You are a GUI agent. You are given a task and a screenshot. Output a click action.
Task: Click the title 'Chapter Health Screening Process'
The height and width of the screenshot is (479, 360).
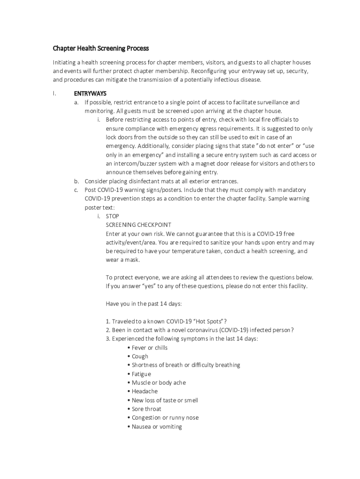[x=101, y=48]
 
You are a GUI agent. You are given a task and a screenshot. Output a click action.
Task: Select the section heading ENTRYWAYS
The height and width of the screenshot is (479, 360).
[x=90, y=94]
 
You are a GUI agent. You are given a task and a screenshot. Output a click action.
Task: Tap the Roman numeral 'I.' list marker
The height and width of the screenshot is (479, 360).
[x=55, y=94]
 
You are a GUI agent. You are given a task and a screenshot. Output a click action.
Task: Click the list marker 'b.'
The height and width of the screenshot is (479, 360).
[x=76, y=181]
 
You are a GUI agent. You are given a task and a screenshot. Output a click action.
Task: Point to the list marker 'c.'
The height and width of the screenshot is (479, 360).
[x=76, y=190]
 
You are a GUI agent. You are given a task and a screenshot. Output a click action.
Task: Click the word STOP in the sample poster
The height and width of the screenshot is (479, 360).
[x=113, y=216]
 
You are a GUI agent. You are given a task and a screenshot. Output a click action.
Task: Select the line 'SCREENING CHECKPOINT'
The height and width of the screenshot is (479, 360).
[x=138, y=225]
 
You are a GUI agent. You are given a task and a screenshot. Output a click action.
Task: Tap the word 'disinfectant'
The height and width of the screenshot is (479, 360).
[x=144, y=181]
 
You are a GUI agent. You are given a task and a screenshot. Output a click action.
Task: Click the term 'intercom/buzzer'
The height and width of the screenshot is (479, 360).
[x=133, y=164]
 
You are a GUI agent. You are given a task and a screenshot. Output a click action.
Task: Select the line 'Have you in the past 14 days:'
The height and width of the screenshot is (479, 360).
[x=144, y=304]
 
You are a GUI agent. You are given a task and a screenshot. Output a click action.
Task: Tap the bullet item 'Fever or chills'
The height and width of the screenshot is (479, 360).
[x=149, y=348]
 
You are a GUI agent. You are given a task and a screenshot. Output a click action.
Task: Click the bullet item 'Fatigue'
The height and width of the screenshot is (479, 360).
[x=141, y=374]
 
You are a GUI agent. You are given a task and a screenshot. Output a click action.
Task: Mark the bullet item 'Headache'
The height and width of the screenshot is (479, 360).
[x=144, y=392]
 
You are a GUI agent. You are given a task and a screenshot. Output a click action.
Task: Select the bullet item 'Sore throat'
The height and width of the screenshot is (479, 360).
[x=146, y=409]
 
